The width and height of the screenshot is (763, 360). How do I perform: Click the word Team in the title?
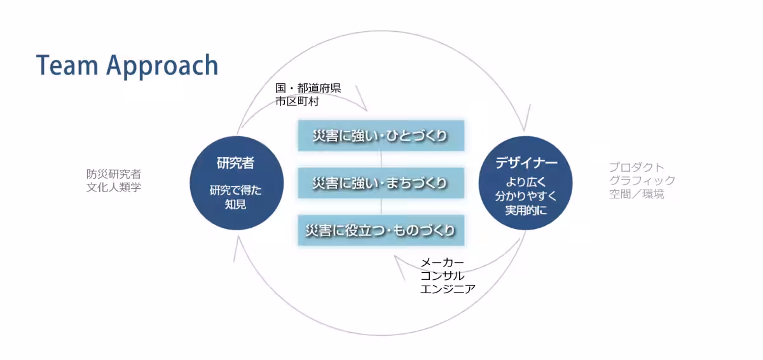pyautogui.click(x=67, y=65)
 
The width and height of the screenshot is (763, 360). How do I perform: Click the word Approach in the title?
pyautogui.click(x=162, y=67)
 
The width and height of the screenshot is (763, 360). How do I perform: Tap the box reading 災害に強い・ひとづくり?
pyautogui.click(x=381, y=135)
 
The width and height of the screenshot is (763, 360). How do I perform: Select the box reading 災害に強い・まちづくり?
pyautogui.click(x=381, y=183)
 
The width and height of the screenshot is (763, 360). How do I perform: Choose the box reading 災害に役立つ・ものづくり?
pyautogui.click(x=381, y=230)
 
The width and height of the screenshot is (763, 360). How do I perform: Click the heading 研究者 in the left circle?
pyautogui.click(x=236, y=163)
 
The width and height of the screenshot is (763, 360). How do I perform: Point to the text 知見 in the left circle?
pyautogui.click(x=235, y=204)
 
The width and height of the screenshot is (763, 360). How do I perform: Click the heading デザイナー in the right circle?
pyautogui.click(x=526, y=163)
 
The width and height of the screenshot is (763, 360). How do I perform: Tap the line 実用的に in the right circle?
pyautogui.click(x=526, y=210)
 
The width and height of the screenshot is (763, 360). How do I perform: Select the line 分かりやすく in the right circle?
pyautogui.click(x=526, y=196)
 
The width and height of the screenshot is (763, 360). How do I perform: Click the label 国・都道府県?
pyautogui.click(x=308, y=88)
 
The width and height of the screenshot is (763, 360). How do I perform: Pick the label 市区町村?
pyautogui.click(x=297, y=102)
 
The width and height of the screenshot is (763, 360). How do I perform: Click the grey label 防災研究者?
pyautogui.click(x=114, y=174)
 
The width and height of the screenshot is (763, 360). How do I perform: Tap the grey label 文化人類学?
pyautogui.click(x=114, y=188)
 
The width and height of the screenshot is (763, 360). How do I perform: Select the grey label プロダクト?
pyautogui.click(x=636, y=167)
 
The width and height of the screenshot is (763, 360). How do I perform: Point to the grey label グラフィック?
pyautogui.click(x=642, y=181)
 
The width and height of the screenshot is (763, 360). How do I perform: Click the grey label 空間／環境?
pyautogui.click(x=636, y=194)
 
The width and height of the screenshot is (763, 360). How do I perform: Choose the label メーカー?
pyautogui.click(x=442, y=263)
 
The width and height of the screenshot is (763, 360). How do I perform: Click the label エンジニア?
pyautogui.click(x=448, y=289)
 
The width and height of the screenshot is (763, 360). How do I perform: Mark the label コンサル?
pyautogui.click(x=442, y=276)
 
